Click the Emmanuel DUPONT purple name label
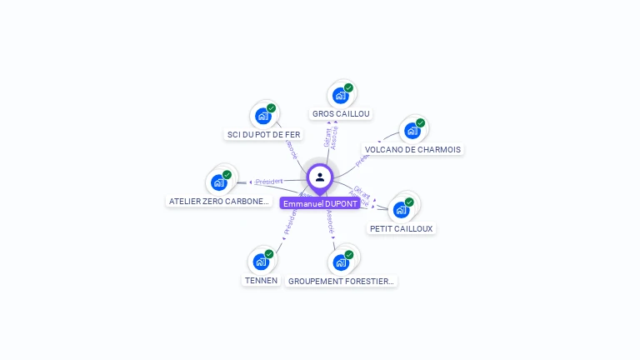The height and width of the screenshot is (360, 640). tap(320, 203)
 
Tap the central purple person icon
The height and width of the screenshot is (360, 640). tap(320, 177)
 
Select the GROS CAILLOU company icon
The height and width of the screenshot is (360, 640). tap(341, 96)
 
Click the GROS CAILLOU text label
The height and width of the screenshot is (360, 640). tap(341, 113)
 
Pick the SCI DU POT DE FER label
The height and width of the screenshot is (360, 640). tap(263, 134)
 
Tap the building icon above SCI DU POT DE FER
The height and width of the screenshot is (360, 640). tap(263, 116)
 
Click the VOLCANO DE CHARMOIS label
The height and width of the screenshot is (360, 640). tap(412, 150)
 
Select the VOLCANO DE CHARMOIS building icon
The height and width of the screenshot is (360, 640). tap(412, 131)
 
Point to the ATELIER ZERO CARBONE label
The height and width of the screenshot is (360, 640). tap(219, 201)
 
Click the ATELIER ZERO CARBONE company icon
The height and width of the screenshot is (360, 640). tap(219, 182)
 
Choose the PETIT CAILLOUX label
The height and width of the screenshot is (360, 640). tap(402, 228)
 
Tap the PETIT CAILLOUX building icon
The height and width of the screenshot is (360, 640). tap(402, 209)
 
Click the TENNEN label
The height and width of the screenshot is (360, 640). tap(261, 280)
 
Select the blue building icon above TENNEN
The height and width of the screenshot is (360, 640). tap(261, 262)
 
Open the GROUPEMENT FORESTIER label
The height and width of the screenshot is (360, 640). tap(341, 282)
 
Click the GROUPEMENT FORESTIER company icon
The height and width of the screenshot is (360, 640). tap(341, 262)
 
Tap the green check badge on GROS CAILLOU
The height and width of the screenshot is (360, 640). tap(348, 88)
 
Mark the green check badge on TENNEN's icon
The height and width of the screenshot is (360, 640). tap(268, 254)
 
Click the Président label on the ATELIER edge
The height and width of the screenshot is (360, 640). tap(269, 181)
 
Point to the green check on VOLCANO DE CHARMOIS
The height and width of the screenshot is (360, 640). tap(420, 123)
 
